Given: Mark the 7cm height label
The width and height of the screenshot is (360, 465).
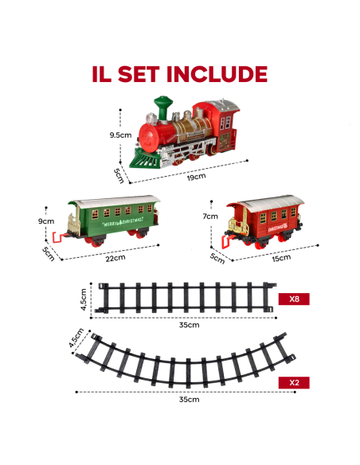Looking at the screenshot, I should click(x=210, y=216).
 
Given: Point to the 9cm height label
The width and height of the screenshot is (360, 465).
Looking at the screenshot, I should click(x=45, y=221).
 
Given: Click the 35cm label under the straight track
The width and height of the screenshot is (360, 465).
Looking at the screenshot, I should click(x=188, y=325).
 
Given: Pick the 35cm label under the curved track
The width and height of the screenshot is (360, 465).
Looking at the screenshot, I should click(x=189, y=399).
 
